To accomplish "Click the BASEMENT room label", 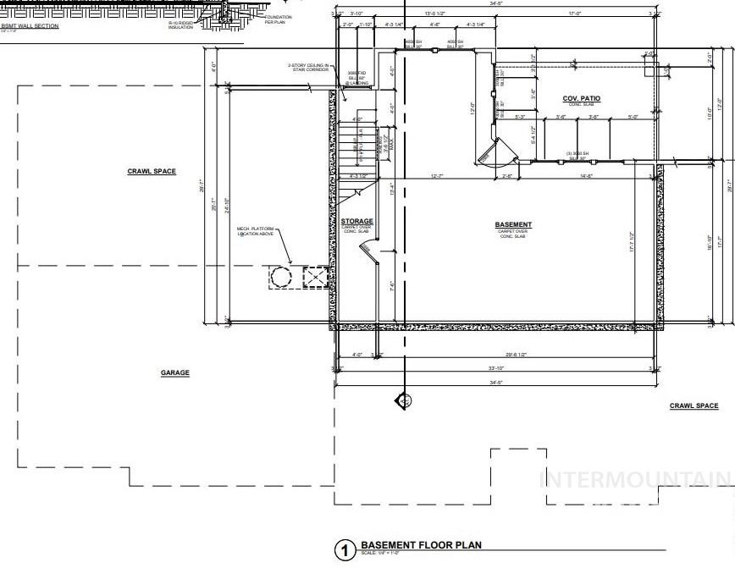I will coord(513,224).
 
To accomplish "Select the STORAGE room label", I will coord(356,221).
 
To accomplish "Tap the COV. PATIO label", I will coord(582,99).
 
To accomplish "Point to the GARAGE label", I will coord(175,372).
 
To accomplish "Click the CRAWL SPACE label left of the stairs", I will coord(152,171).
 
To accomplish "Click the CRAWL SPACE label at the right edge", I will coord(694,405).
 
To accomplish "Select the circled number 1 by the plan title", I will coord(345,551).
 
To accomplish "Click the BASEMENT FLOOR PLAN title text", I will coord(421,546).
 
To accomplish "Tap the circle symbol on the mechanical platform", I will coord(279,277).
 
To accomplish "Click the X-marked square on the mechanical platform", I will coord(314,277).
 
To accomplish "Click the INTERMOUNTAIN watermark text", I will coord(635,480).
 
